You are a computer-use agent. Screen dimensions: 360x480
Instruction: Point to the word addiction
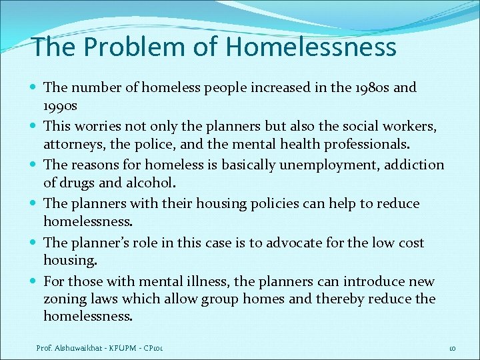[x=417, y=165]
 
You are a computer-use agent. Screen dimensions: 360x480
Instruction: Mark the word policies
[x=279, y=203]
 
